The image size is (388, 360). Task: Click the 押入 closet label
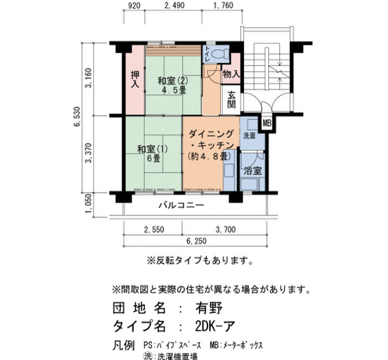(x=135, y=79)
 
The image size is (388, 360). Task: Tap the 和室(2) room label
(x=173, y=81)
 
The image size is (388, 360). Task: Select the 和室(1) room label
(x=152, y=149)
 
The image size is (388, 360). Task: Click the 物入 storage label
(x=231, y=74)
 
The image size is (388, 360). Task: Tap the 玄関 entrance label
(x=231, y=100)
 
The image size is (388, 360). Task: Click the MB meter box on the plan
(x=267, y=123)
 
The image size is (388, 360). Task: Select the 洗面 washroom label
(x=249, y=136)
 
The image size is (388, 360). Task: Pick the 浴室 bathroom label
(x=253, y=171)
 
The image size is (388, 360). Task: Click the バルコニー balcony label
(x=181, y=205)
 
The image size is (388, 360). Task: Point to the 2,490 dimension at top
(x=175, y=5)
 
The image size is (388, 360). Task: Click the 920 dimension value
(x=134, y=5)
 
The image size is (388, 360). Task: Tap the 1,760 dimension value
(x=223, y=5)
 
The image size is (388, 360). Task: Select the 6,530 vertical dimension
(x=77, y=117)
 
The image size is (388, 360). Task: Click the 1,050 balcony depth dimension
(x=88, y=203)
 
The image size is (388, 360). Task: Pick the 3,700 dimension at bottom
(x=226, y=230)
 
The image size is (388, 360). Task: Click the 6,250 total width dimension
(x=196, y=241)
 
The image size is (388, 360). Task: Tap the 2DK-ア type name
(x=215, y=326)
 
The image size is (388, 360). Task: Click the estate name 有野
(x=209, y=308)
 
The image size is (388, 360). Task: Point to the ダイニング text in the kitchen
(x=211, y=134)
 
